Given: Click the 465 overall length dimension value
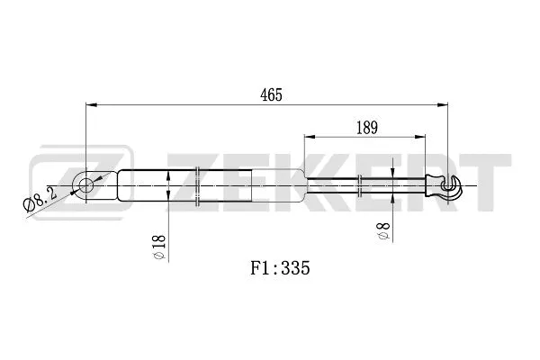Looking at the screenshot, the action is coord(271,94).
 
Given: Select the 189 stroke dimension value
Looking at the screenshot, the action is coord(367,128).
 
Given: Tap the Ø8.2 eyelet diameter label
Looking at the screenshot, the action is coord(40,200).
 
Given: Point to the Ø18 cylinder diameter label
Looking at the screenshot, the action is coord(159,247).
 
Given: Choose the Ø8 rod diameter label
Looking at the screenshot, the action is coord(383,230).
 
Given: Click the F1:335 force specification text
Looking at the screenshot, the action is coord(280,267).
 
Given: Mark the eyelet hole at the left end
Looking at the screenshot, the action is coord(85,185).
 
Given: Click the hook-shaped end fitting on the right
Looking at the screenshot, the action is coord(452,186).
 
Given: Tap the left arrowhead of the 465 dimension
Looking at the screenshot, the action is coord(91,104).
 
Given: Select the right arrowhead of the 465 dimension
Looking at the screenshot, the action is coord(442,104).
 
